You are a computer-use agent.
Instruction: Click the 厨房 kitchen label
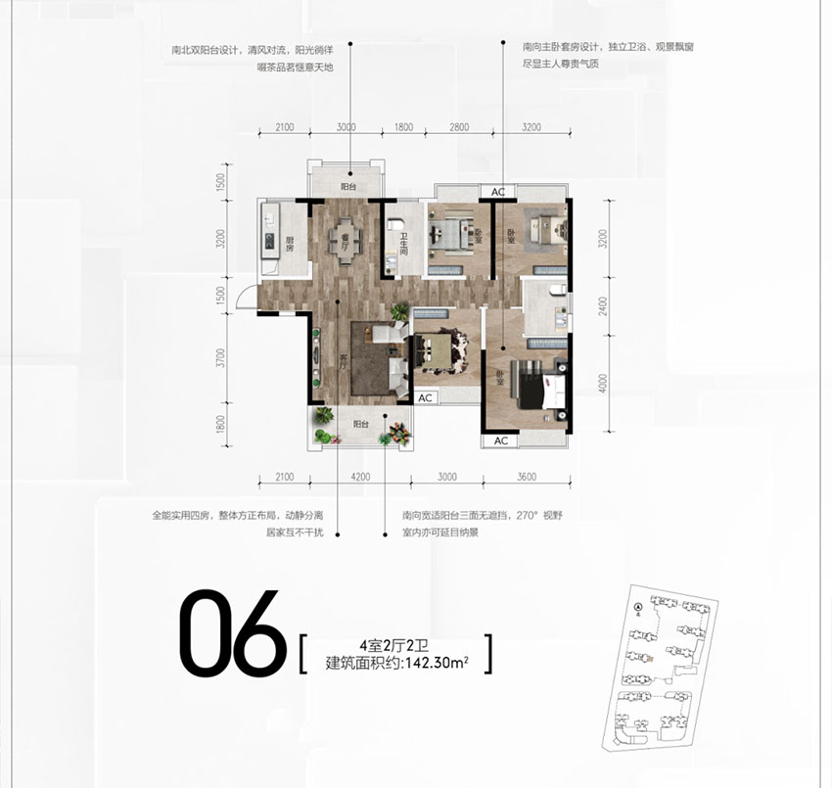pyautogui.click(x=290, y=242)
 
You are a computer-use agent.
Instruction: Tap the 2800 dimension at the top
pyautogui.click(x=459, y=128)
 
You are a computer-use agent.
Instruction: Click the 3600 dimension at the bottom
pyautogui.click(x=526, y=477)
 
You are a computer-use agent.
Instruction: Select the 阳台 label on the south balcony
pyautogui.click(x=361, y=424)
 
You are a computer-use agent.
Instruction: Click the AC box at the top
pyautogui.click(x=497, y=191)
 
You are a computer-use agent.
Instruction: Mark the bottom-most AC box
pyautogui.click(x=500, y=440)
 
